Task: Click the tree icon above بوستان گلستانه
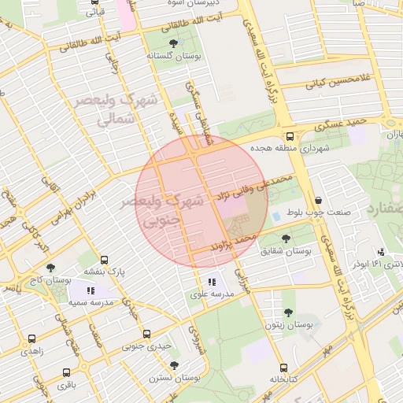click(173, 44)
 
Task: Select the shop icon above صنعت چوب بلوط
click(317, 200)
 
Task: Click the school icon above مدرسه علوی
click(211, 282)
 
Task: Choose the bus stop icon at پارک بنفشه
click(105, 260)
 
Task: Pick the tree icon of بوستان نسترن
click(174, 366)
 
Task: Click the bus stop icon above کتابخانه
click(283, 367)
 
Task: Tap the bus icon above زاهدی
click(31, 339)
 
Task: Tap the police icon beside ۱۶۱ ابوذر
click(381, 252)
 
